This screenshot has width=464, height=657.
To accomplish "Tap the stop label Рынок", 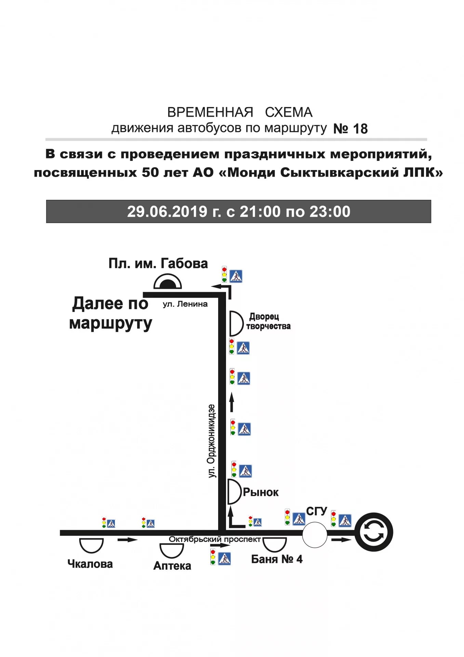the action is [261, 492].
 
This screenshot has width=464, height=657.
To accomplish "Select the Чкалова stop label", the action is [90, 564].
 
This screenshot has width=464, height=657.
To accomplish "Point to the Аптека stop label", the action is [172, 566].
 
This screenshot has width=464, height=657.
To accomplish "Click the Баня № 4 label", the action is [277, 559].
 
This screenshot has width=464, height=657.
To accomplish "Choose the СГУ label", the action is [317, 511].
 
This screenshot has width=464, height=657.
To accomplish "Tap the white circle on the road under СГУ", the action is [315, 534].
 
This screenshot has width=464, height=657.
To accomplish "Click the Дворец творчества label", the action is [268, 321].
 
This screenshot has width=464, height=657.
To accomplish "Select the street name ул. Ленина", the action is [185, 304].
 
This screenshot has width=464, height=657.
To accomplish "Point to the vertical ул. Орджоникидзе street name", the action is [212, 441].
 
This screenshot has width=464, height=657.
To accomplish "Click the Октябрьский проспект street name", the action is [215, 539].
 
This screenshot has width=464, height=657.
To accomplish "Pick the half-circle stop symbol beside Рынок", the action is [234, 492].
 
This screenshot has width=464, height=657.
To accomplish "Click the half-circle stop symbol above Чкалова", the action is [91, 545].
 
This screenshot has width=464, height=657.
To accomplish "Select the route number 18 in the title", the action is [360, 129].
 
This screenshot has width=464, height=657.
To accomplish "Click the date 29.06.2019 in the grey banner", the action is [167, 212].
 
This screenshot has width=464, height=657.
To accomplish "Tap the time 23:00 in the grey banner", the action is [330, 212].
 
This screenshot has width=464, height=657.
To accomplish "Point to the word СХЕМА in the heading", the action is [289, 112].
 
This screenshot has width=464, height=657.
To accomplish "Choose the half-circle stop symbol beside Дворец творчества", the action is [235, 323].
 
